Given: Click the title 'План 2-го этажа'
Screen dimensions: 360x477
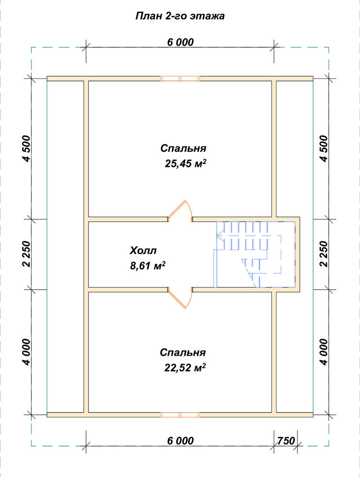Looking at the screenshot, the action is (180, 16).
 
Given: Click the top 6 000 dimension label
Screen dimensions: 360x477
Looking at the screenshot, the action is (180, 42).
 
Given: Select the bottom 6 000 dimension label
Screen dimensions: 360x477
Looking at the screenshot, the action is (180, 441).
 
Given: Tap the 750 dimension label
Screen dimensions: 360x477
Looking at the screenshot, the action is (286, 441).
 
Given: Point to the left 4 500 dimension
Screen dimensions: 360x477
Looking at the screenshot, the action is (26, 148).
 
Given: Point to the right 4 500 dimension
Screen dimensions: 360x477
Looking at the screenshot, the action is (324, 148).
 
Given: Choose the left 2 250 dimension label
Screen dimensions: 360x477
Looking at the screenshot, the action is (26, 254).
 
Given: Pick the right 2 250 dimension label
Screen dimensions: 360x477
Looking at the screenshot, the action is (324, 254).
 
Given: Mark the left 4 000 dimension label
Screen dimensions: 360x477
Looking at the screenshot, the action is (26, 352).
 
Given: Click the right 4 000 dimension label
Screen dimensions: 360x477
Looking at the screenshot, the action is (324, 352).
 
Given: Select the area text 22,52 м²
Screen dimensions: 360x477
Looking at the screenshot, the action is (185, 367).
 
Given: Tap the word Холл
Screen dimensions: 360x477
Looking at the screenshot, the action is (143, 251).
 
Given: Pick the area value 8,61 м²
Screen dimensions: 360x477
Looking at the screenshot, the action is (148, 266).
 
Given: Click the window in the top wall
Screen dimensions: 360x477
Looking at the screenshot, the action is (180, 79).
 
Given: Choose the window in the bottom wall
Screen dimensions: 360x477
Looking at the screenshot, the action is (180, 415).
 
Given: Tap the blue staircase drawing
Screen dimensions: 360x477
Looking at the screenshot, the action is (254, 254).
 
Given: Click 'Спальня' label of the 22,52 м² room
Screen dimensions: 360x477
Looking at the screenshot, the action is (183, 353).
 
